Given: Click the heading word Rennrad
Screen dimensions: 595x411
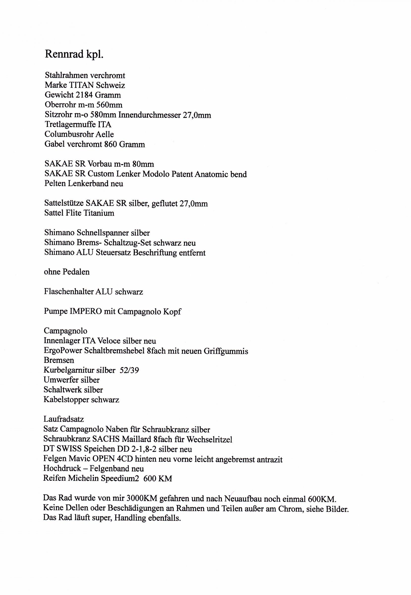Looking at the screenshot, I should tap(64, 54).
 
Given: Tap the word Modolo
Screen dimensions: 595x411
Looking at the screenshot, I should tap(156, 174).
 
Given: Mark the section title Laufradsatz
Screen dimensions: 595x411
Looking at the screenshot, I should tap(64, 419).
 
